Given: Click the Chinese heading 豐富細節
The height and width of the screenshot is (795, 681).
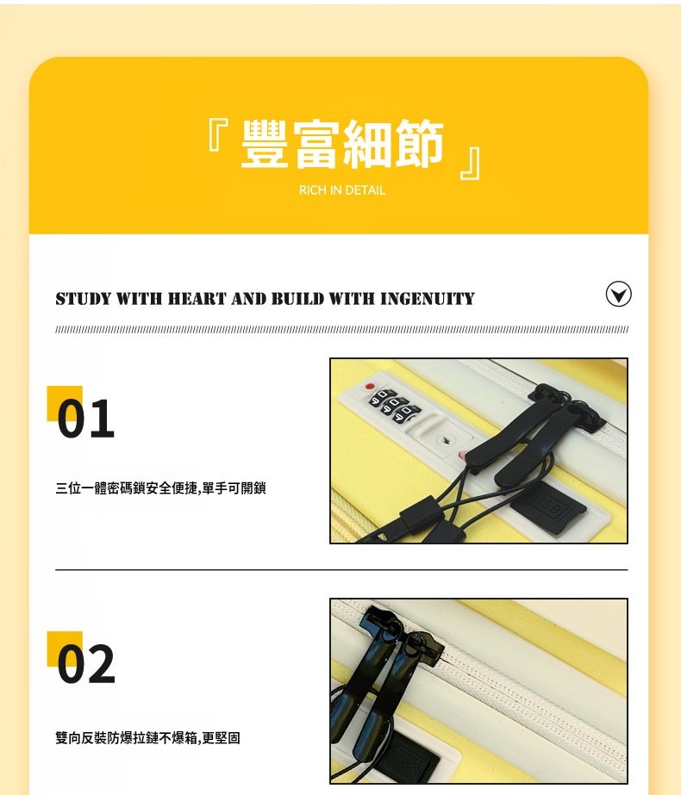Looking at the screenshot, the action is coord(342,144).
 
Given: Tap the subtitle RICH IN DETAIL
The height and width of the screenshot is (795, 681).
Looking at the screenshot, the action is coord(342,190).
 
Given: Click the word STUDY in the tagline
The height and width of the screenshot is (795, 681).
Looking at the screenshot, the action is coord(84,298).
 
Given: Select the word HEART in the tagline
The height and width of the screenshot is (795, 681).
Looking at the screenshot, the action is coord(197,298).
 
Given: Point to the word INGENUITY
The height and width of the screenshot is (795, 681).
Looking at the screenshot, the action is coord(428,298).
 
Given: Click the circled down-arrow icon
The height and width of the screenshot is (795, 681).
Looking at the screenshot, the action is coord(619,294).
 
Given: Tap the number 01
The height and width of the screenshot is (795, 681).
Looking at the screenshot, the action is coord(85,418).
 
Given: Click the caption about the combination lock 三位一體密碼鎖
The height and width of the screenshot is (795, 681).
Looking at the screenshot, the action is coord(160,488).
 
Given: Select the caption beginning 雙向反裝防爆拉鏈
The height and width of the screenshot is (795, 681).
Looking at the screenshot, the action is coord(147,737).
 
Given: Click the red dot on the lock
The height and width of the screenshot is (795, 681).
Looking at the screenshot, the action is coord(371,387).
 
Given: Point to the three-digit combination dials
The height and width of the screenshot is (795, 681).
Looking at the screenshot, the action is coord(395,405).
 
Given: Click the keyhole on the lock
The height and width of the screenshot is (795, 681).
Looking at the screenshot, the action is coord(446,439).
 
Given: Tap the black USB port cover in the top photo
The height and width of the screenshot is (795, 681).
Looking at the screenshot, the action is coord(548,508).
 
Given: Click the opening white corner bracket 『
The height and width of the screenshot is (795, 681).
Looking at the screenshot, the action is coord(218,135).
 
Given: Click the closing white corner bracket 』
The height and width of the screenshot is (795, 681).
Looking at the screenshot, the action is coord(471,164).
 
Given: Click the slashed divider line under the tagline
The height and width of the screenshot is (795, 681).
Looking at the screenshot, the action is coord(341,330).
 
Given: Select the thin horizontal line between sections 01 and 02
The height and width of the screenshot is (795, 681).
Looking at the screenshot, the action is coord(341,569).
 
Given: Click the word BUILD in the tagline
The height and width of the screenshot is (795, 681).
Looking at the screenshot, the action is coord(297,298).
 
